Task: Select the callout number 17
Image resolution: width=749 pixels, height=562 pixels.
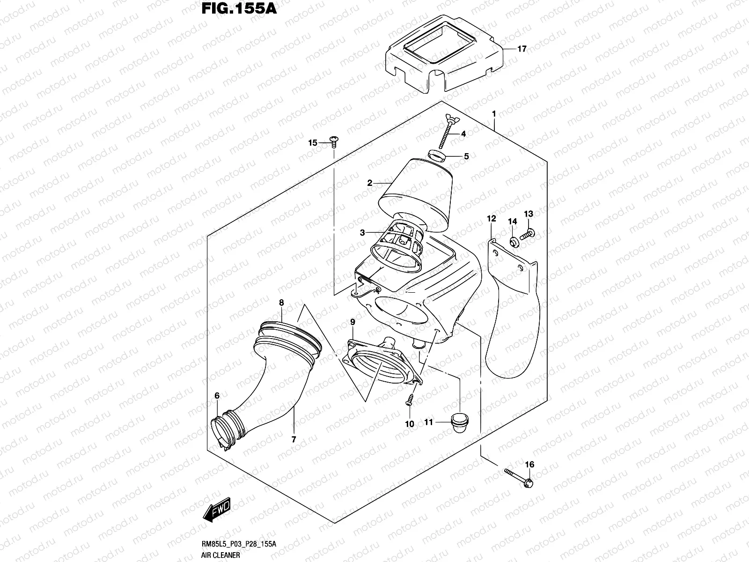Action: (x=522, y=49)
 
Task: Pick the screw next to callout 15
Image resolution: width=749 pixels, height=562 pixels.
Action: (x=334, y=140)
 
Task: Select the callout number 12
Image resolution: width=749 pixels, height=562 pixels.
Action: (x=491, y=219)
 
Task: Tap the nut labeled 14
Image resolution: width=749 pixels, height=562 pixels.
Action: (x=513, y=242)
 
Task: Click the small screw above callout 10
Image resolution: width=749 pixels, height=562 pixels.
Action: (x=409, y=399)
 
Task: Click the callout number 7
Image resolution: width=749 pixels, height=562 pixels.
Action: (x=294, y=439)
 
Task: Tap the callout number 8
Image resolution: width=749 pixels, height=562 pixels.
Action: (x=281, y=303)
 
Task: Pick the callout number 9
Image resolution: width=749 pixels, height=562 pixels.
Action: (x=352, y=322)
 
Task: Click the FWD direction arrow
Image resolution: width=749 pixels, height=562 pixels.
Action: (x=216, y=508)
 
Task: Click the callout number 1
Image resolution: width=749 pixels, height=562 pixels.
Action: (x=493, y=114)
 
